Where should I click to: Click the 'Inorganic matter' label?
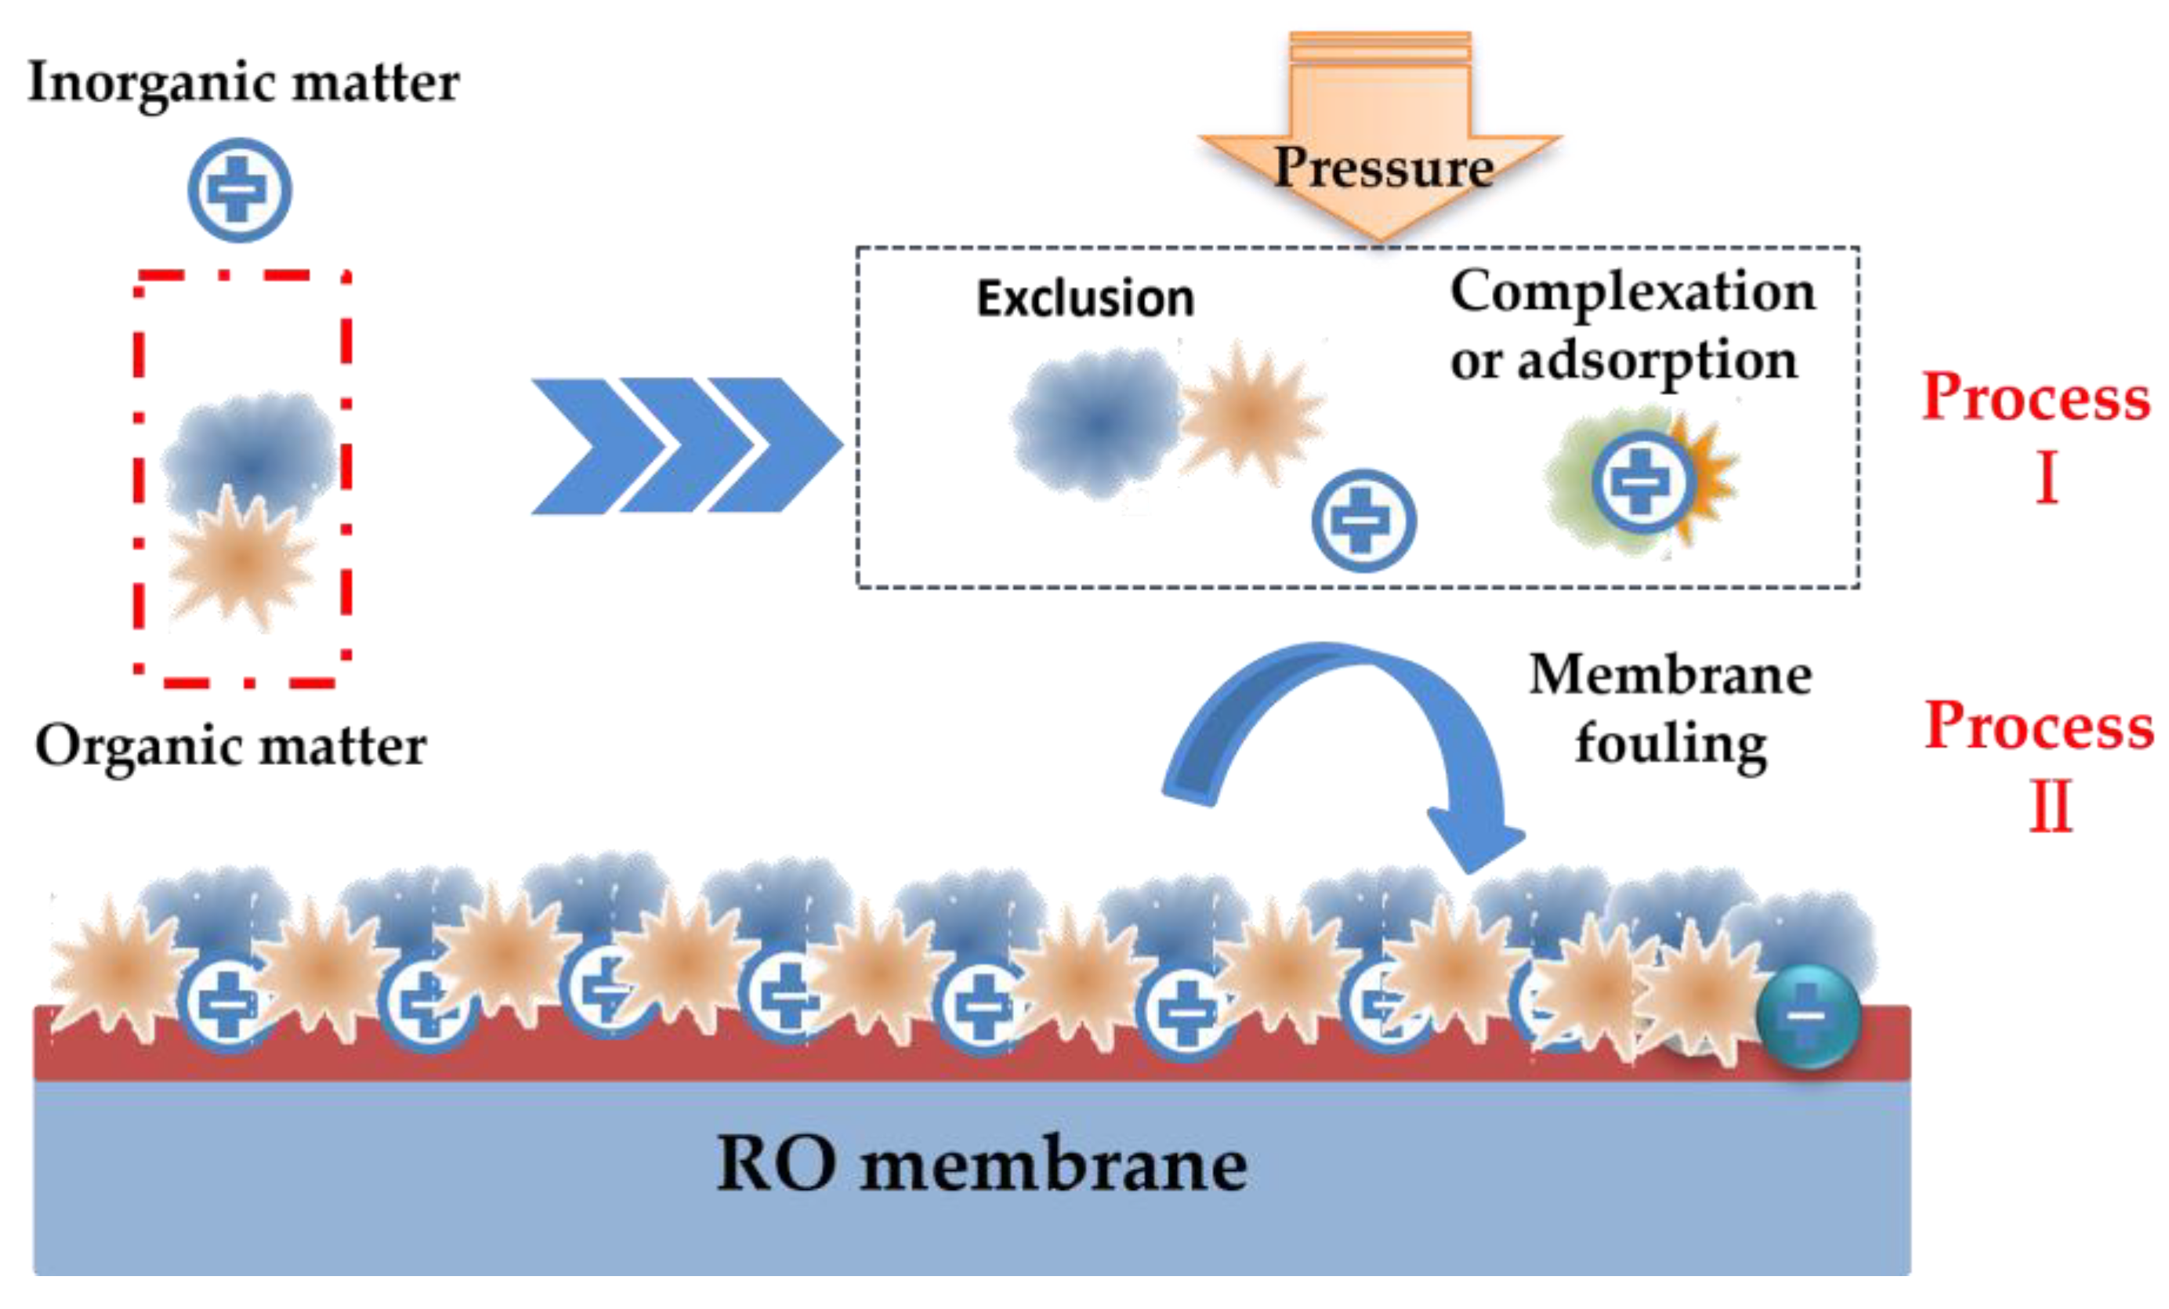point(243,83)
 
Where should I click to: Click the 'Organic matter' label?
point(230,746)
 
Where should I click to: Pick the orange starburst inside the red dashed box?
point(240,560)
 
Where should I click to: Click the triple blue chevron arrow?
point(686,445)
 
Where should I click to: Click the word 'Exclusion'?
point(1085,299)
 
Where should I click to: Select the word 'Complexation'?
point(1632,292)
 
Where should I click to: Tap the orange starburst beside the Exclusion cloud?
point(1250,414)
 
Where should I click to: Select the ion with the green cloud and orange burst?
point(1639,482)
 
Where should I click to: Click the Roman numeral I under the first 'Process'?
point(2048,478)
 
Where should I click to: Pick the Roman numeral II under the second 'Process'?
point(2050,807)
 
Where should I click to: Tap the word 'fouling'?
point(1670,745)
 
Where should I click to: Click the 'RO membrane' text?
point(982,1165)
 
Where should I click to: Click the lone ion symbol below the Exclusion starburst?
point(1363,520)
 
